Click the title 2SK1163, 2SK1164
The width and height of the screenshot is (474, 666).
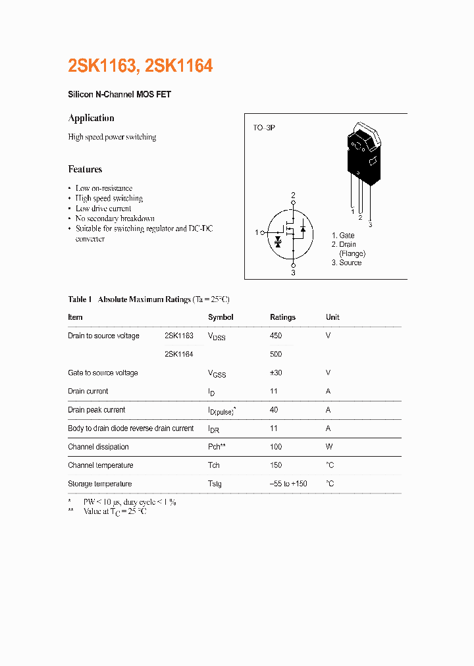point(140,66)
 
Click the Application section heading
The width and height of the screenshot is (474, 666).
point(91,118)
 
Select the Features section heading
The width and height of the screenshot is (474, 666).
point(85,169)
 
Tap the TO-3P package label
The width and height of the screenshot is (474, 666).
point(264,127)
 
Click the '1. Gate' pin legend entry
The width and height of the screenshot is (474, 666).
point(343,236)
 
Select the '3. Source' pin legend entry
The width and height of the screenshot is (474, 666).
point(346,263)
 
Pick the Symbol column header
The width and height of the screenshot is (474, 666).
point(221,317)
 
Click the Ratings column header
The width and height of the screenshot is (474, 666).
point(282,317)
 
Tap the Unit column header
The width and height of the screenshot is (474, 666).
point(332,317)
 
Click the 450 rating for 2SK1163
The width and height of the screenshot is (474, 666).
point(276,336)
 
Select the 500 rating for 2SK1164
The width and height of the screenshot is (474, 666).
point(276,354)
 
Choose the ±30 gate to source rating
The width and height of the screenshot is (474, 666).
point(276,372)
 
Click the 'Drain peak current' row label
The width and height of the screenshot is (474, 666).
point(96,410)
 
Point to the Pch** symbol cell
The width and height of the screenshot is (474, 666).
point(217,447)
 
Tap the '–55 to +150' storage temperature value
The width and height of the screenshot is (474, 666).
point(288,484)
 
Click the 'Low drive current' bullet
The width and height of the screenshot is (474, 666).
point(103,209)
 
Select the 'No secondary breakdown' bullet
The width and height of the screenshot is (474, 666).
point(115,218)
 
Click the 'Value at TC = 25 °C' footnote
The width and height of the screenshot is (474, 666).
point(115,511)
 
